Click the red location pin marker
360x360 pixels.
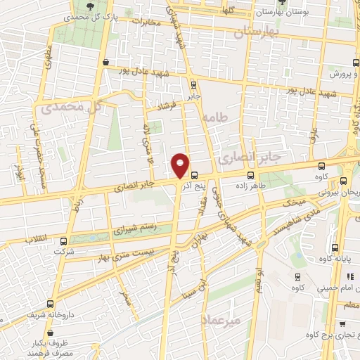(x=181, y=166)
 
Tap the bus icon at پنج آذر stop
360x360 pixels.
(x=194, y=176)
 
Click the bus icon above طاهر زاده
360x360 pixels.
(x=251, y=176)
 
